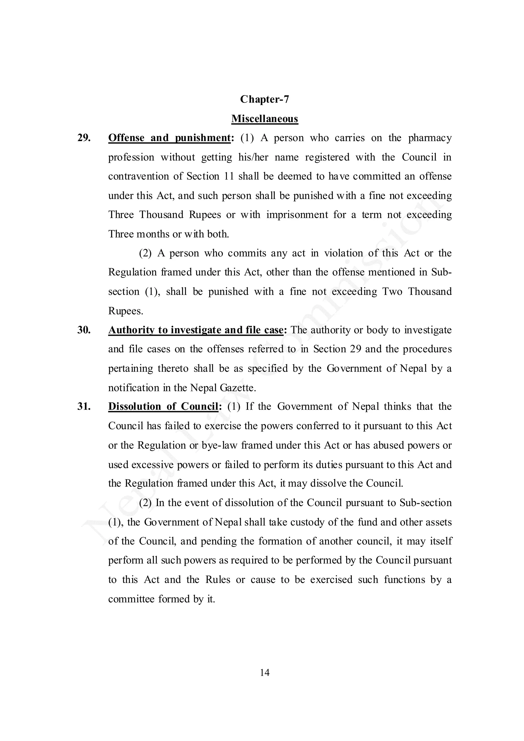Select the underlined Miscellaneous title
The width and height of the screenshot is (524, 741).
pos(264,119)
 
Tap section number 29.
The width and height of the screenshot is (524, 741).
pos(84,138)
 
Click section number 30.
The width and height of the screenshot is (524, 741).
pos(84,330)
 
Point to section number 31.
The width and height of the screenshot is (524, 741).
pos(84,406)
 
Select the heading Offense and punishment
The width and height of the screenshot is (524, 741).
pos(169,138)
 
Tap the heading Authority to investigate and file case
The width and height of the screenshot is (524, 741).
pos(196,330)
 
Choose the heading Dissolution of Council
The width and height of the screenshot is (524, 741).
pos(163,406)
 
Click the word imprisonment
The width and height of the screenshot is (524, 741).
pos(297,215)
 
